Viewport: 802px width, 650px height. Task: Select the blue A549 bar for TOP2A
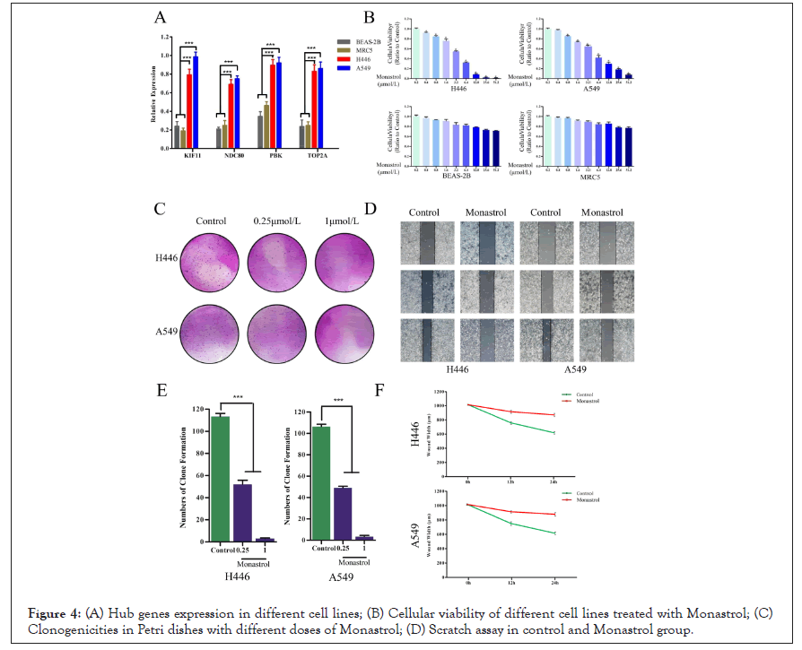point(320,107)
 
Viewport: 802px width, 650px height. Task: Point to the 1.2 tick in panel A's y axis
point(166,39)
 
